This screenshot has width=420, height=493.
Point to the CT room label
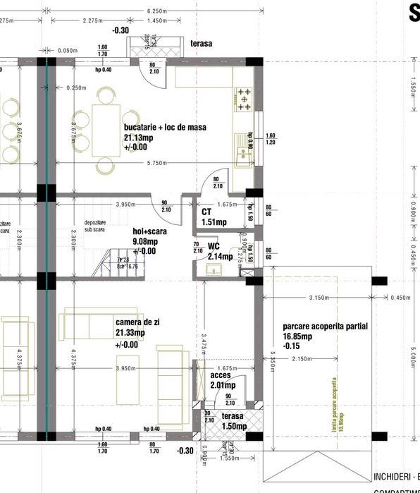pyautogui.click(x=206, y=212)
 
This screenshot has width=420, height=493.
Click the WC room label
pyautogui.click(x=214, y=247)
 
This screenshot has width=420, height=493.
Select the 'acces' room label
pyautogui.click(x=221, y=375)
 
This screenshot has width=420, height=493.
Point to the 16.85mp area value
pyautogui.click(x=299, y=337)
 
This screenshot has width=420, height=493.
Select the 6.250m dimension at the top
pyautogui.click(x=156, y=11)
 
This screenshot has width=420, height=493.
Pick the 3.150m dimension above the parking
pyautogui.click(x=319, y=298)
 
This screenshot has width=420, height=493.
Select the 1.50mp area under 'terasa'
pyautogui.click(x=234, y=426)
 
